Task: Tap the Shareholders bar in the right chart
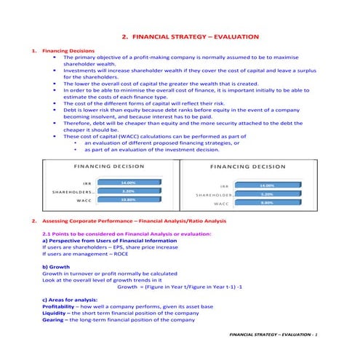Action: (268, 194)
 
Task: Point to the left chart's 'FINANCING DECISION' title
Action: (109, 167)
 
